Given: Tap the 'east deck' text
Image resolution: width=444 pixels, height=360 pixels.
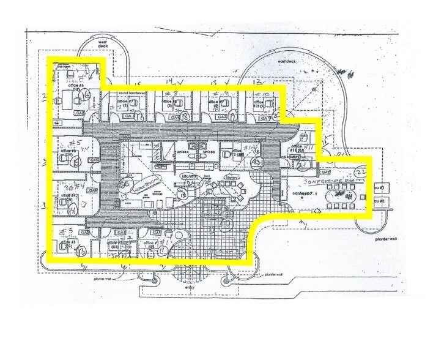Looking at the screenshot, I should (286, 62).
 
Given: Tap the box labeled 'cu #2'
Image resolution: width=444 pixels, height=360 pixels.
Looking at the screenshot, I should (379, 201).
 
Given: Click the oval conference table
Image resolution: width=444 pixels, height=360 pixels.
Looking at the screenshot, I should (343, 198).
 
